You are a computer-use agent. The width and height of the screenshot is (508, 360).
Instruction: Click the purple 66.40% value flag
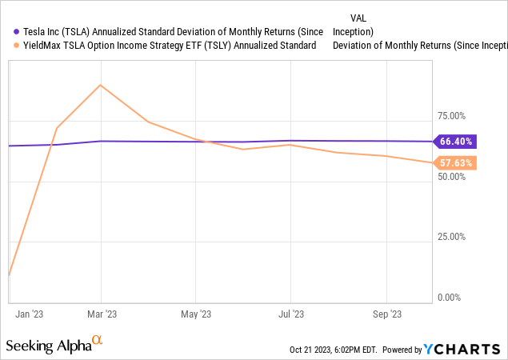[456, 142]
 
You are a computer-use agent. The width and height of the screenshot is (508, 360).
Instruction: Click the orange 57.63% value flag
[456, 163]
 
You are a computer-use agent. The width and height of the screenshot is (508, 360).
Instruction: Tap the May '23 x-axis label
[195, 314]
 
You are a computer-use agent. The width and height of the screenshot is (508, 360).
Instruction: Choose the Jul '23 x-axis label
[290, 314]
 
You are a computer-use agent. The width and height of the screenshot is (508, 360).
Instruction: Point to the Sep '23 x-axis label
[386, 314]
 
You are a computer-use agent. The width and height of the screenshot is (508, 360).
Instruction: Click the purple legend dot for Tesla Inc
[7, 32]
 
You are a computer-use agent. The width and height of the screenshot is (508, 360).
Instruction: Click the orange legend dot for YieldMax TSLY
[7, 46]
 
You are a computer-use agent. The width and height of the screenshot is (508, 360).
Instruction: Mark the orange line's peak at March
[100, 85]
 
